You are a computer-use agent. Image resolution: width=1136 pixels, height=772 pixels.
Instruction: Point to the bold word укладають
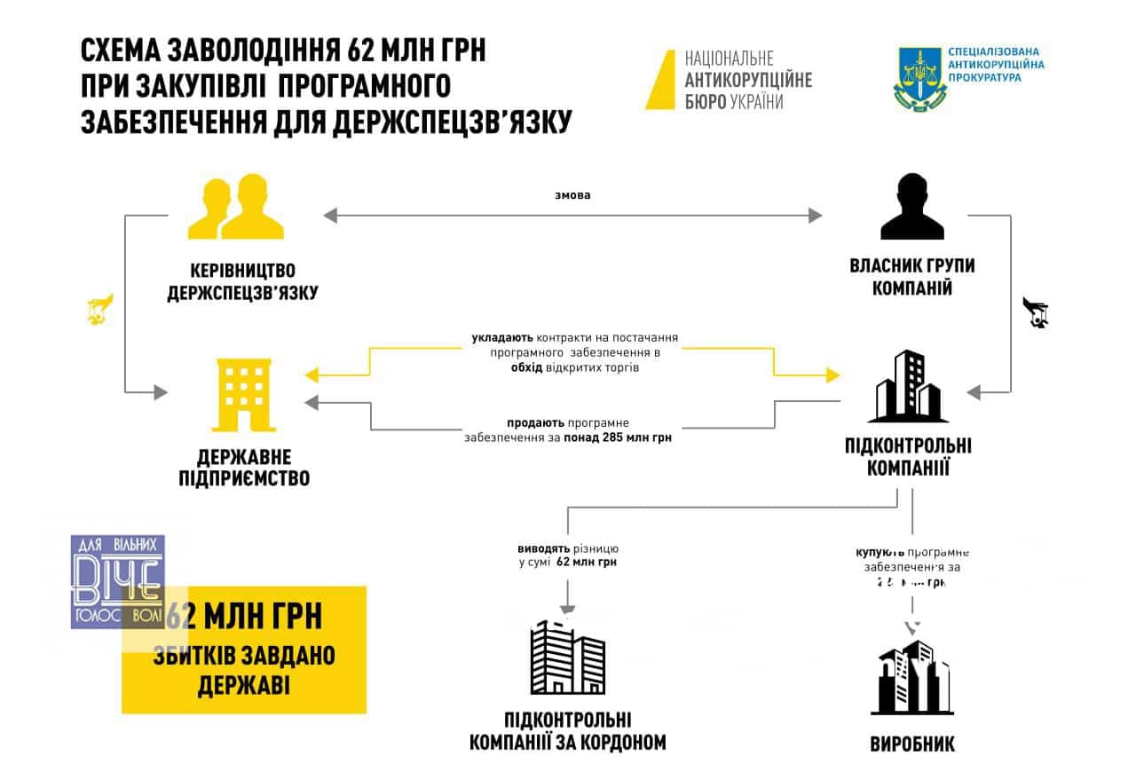pos(502,338)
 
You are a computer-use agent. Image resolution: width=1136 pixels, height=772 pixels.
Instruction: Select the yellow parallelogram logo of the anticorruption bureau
pos(660,80)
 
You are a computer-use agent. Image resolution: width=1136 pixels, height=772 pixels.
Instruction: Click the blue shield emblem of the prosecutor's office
pos(918,80)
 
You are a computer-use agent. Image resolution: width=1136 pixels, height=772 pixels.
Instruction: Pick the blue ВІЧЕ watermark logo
pos(117,581)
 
